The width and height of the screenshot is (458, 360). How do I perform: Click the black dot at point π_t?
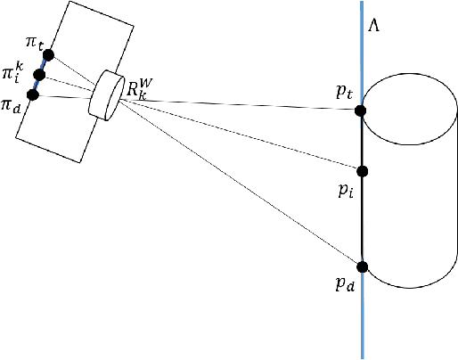tap(48, 55)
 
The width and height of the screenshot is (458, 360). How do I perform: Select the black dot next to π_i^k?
tap(39, 75)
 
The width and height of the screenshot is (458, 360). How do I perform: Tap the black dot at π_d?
tap(33, 94)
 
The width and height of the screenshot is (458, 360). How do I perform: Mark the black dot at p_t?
tap(361, 110)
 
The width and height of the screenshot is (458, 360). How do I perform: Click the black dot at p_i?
tap(361, 170)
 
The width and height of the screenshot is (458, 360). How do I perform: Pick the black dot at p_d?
tap(361, 266)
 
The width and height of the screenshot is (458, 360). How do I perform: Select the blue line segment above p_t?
tap(361, 53)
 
